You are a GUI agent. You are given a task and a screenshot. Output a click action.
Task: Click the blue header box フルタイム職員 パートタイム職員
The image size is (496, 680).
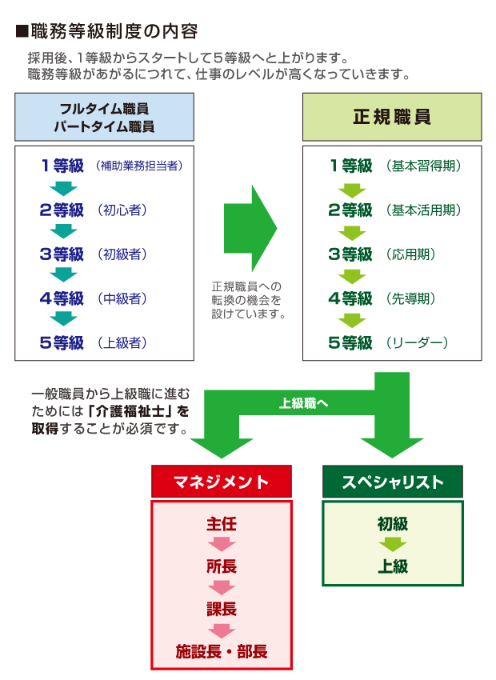104,117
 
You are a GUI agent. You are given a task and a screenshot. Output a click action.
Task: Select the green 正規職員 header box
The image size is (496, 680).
391,117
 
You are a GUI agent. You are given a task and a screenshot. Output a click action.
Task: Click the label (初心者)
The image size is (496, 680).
123,210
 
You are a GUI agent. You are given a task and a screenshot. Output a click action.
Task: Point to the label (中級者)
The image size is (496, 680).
123,298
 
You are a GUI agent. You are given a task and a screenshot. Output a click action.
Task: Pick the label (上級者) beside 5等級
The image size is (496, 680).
123,342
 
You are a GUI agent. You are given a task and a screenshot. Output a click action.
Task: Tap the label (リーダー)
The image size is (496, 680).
416,342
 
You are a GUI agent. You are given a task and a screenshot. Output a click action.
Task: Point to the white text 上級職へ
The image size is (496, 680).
303,404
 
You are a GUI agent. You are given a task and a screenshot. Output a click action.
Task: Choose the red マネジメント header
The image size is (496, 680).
222,482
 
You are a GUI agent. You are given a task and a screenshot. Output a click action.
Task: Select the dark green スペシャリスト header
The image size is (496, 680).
392,482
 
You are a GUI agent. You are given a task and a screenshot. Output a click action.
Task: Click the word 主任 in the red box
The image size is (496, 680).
222,525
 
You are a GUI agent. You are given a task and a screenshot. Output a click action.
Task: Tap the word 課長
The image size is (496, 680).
222,609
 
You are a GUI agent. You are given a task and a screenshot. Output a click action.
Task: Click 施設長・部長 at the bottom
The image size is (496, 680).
222,651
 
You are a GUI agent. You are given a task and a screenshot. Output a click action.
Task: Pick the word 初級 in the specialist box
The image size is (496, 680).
392,525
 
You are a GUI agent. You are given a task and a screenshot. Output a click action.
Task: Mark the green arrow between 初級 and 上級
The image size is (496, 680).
392,546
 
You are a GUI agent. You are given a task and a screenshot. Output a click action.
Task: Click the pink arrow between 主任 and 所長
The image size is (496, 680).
222,546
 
